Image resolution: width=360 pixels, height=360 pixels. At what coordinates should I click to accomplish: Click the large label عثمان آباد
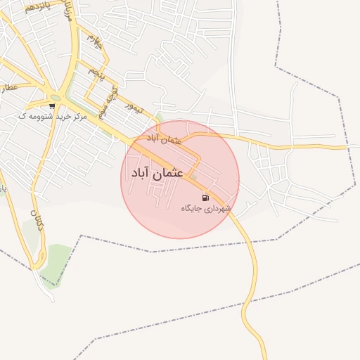click(x=157, y=172)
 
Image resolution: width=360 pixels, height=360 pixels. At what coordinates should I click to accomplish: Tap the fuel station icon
click(x=205, y=198)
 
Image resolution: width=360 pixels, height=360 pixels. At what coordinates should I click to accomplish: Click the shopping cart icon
click(x=53, y=106)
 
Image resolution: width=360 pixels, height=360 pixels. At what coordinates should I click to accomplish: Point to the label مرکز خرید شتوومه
click(x=53, y=116)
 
